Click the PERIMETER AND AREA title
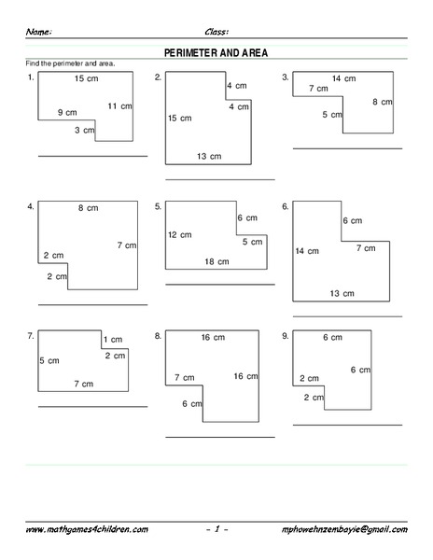(x=216, y=53)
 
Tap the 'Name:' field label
(x=38, y=31)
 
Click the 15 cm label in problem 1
(x=86, y=78)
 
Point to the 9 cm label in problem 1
(x=66, y=112)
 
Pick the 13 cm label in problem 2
(x=209, y=155)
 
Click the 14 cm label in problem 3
(x=343, y=78)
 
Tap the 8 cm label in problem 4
(x=88, y=208)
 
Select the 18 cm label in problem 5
(x=216, y=262)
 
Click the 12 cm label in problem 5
(x=178, y=234)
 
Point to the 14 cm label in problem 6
(x=307, y=251)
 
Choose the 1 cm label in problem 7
(x=114, y=339)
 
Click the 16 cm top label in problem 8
(x=212, y=337)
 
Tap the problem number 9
(x=285, y=334)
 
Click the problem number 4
(x=31, y=205)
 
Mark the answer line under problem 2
(x=220, y=179)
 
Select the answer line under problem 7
(x=92, y=406)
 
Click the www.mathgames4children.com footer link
(x=86, y=529)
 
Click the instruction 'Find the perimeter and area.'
(x=63, y=63)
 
